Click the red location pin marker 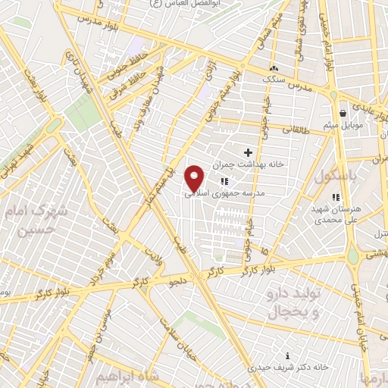(x=195, y=179)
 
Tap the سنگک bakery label (x=271, y=78)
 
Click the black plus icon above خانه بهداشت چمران (x=248, y=152)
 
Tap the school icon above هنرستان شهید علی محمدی (x=336, y=197)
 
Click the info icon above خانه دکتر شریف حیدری (x=286, y=355)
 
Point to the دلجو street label (x=177, y=283)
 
